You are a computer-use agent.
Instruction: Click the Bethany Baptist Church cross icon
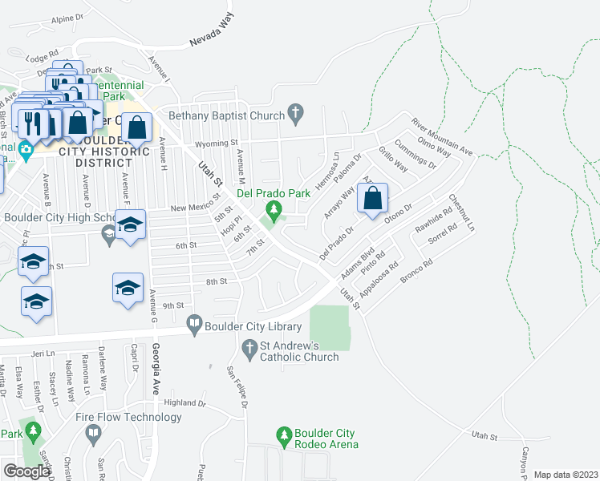pos(296,115)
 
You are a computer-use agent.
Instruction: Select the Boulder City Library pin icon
pos(194,325)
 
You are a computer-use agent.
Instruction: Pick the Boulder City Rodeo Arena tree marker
pos(283,435)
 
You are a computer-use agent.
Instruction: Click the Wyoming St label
pos(224,143)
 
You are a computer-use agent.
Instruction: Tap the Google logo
pos(27,471)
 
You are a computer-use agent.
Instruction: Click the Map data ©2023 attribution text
pos(566,475)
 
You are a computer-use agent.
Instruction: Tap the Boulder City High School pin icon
pos(109,232)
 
